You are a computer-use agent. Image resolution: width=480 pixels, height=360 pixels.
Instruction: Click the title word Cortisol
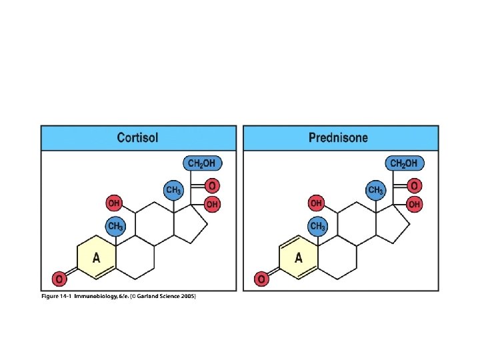[137, 138]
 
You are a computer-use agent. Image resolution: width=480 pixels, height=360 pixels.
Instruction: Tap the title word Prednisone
[338, 138]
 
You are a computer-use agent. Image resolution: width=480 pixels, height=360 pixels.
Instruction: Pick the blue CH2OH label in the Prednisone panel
[404, 163]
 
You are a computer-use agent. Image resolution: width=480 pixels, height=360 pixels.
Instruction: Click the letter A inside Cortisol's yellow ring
[97, 257]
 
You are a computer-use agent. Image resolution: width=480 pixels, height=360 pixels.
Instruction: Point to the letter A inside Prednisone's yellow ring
[299, 257]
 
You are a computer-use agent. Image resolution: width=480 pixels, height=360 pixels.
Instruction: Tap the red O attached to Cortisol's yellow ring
[59, 278]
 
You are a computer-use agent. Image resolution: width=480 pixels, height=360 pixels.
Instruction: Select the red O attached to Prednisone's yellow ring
[261, 278]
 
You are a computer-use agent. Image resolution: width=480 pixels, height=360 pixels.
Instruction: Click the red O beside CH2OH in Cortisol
[211, 185]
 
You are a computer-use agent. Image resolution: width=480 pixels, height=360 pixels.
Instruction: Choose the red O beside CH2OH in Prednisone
[414, 185]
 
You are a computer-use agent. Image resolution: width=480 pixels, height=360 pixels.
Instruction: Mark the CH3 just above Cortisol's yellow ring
[116, 227]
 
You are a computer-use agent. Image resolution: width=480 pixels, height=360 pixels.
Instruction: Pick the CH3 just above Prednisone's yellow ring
[318, 227]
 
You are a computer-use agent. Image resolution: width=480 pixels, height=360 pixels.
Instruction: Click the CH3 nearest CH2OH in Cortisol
[173, 190]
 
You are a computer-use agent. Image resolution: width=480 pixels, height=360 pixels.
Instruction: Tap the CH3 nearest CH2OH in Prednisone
[376, 190]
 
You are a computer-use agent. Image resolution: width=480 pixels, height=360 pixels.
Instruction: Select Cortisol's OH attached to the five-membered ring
[212, 204]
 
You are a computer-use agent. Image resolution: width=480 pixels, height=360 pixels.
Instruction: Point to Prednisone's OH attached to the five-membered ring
[414, 204]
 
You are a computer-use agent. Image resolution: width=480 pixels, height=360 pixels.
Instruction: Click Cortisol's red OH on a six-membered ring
[114, 202]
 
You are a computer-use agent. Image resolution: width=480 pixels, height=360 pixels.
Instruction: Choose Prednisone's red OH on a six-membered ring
[316, 202]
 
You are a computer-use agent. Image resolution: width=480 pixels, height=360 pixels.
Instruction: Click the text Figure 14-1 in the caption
[57, 295]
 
